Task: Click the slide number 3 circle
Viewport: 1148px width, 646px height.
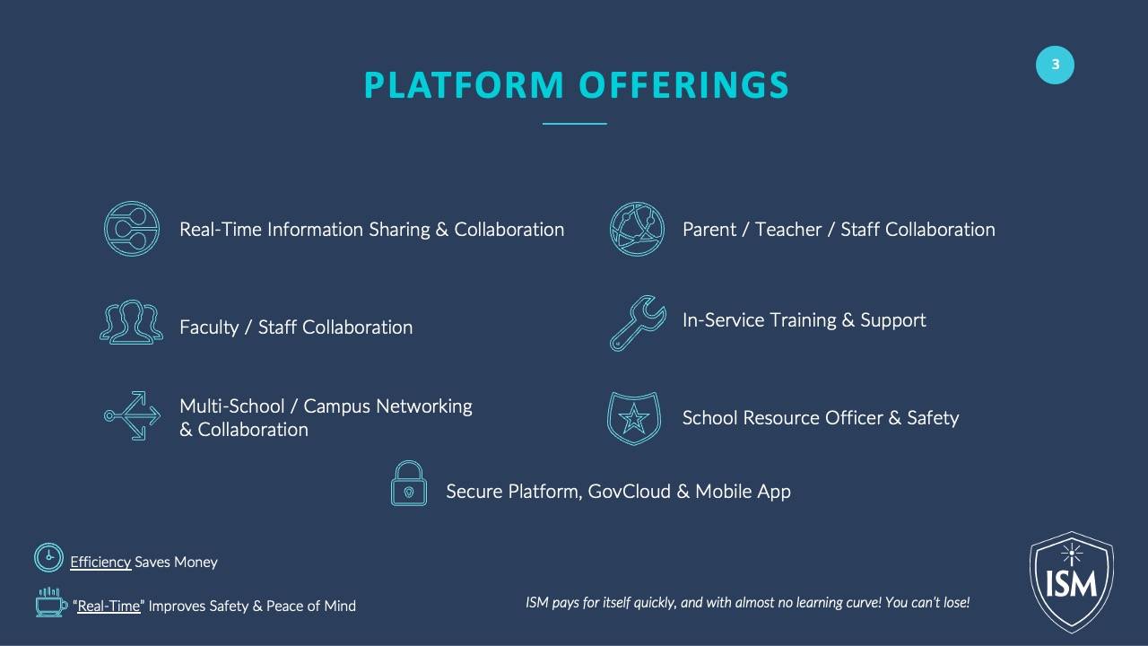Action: click(1055, 65)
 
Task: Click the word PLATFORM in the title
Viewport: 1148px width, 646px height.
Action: click(464, 84)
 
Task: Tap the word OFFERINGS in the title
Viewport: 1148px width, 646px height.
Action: click(683, 84)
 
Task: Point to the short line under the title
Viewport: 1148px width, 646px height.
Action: click(575, 124)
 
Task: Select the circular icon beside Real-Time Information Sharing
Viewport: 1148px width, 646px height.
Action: click(132, 229)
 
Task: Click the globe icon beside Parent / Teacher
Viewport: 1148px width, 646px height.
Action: click(637, 229)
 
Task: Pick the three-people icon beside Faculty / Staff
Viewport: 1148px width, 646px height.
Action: click(131, 322)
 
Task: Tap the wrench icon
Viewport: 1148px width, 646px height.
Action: click(638, 324)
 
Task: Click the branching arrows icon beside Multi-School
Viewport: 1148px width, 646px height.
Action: click(132, 415)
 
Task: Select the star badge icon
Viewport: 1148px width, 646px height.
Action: click(634, 418)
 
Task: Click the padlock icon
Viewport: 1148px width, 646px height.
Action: click(408, 483)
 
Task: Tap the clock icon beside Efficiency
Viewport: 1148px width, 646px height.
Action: click(48, 557)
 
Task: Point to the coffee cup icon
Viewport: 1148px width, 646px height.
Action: click(51, 602)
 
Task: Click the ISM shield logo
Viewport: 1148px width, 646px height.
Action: click(1072, 582)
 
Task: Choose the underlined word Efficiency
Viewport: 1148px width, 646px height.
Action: click(100, 562)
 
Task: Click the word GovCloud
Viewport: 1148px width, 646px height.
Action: click(630, 491)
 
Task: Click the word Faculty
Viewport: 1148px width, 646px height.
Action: click(209, 327)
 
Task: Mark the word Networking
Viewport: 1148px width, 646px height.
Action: click(424, 406)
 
